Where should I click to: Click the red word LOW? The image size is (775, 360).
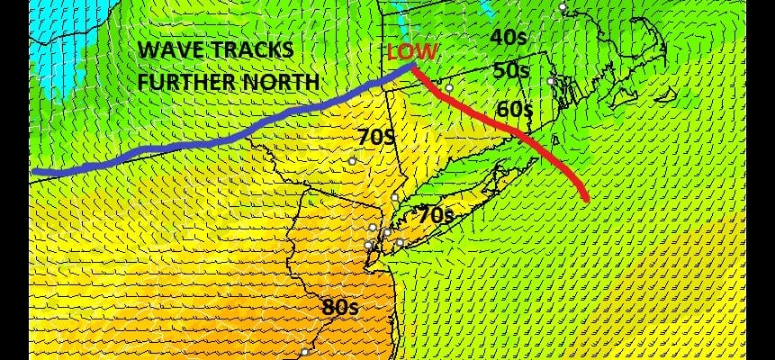pyautogui.click(x=411, y=52)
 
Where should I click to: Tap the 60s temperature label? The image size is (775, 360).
pyautogui.click(x=515, y=110)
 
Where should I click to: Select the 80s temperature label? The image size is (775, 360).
pyautogui.click(x=341, y=307)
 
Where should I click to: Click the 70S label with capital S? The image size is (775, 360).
pyautogui.click(x=377, y=138)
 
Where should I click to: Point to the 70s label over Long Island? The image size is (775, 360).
pyautogui.click(x=434, y=214)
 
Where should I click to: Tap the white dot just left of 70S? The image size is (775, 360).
pyautogui.click(x=353, y=161)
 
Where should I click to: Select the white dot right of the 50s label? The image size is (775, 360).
pyautogui.click(x=551, y=81)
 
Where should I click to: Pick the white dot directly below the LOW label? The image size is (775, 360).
pyautogui.click(x=449, y=88)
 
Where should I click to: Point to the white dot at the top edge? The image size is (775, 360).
pyautogui.click(x=563, y=7)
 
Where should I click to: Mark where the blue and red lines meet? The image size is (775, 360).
pyautogui.click(x=412, y=66)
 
